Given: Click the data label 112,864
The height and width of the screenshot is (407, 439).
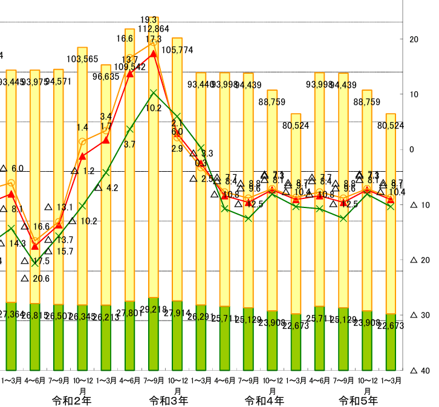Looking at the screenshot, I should [x=154, y=29].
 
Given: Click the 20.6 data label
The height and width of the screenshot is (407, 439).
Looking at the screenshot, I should [x=40, y=279].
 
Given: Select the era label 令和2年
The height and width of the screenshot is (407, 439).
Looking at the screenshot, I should [x=71, y=400].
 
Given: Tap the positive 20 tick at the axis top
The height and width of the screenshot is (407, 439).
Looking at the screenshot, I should [x=414, y=39].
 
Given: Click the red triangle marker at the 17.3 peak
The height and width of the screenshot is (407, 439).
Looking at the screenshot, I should [x=154, y=53].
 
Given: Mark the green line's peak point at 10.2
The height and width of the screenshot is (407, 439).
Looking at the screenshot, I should [x=154, y=93].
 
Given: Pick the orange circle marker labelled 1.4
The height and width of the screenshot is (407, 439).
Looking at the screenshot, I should [x=82, y=142].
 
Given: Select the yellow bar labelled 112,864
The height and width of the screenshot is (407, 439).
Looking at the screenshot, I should [x=154, y=181].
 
